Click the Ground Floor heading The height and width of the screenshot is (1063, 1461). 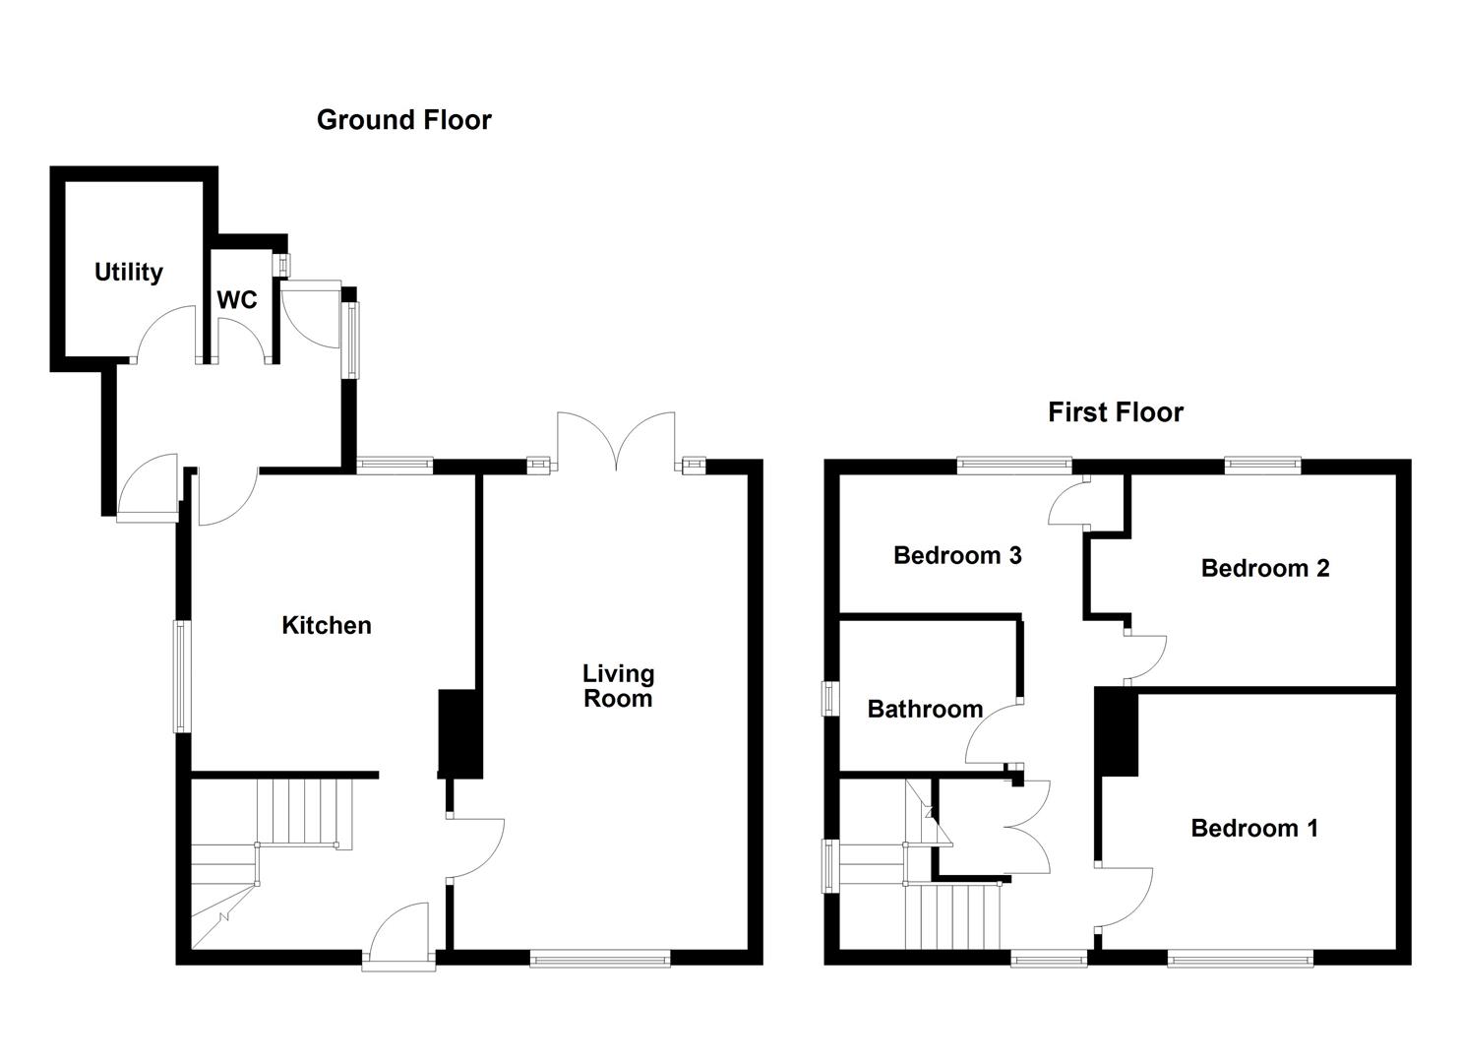403,120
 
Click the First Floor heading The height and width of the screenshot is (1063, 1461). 1115,411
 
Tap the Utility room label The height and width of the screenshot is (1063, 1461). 128,272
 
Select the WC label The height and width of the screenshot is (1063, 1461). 237,299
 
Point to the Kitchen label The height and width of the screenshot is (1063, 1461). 327,625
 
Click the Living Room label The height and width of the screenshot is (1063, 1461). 618,686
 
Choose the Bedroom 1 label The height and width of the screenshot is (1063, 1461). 1253,828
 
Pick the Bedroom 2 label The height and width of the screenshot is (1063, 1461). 1264,568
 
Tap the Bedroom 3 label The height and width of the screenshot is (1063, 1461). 956,555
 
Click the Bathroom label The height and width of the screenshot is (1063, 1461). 925,709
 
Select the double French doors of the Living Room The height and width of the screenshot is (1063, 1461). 617,439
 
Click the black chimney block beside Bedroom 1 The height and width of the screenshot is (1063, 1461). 1118,732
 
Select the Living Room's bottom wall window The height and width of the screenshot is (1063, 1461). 600,958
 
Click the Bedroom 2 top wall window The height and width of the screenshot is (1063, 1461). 1262,466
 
